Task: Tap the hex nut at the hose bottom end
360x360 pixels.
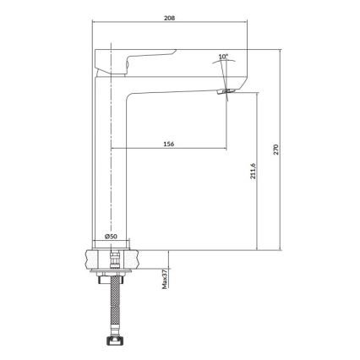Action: click(x=110, y=342)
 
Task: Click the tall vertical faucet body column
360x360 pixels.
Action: click(x=111, y=161)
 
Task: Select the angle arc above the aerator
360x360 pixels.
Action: click(x=225, y=67)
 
